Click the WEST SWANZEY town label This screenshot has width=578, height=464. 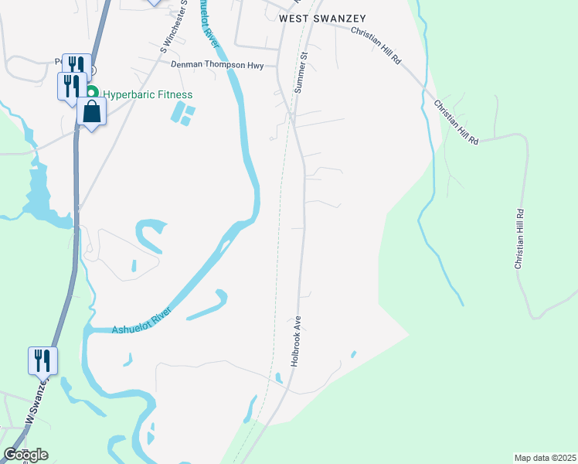point(311,18)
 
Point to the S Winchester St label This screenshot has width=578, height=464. point(174,27)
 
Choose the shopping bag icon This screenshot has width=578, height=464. point(91,111)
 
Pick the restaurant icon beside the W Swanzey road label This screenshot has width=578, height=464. point(42,360)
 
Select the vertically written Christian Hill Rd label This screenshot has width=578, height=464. point(519,239)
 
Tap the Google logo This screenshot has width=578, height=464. point(25,454)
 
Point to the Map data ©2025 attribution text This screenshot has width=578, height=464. point(544,458)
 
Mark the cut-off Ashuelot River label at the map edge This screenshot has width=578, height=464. point(208,23)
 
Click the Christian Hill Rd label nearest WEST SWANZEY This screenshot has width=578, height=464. point(377,46)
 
